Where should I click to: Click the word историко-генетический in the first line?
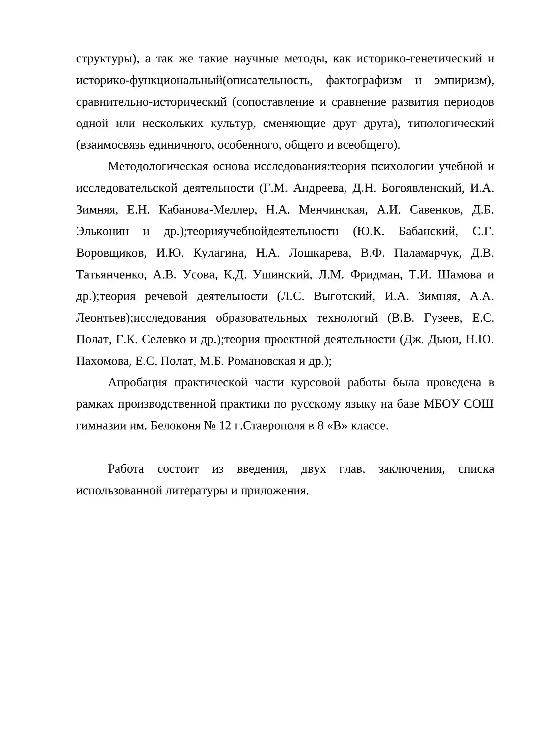[419, 59]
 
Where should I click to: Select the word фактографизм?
[364, 80]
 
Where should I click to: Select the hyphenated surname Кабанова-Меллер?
[208, 210]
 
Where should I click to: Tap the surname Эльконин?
[102, 231]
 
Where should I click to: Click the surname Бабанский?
[428, 231]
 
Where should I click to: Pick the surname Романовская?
[261, 361]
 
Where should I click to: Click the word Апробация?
[137, 383]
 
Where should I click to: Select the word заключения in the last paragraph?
[411, 469]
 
